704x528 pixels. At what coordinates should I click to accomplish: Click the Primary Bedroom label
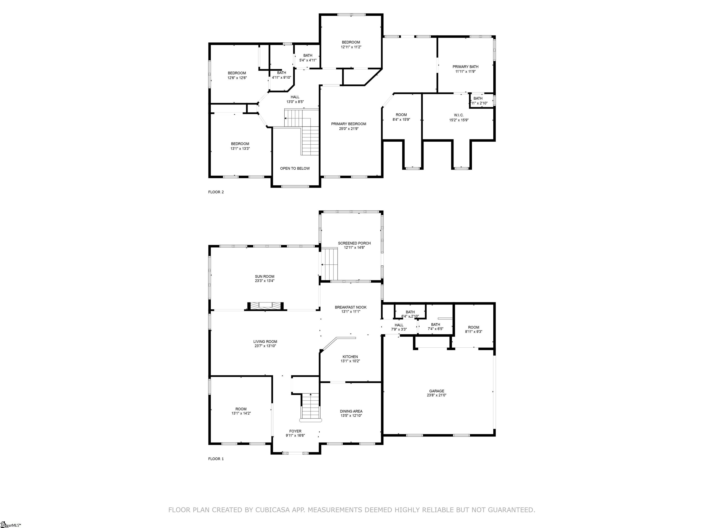pyautogui.click(x=349, y=124)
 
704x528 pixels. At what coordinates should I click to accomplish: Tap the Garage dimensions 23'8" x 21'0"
pyautogui.click(x=437, y=395)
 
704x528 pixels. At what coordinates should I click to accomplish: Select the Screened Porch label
pyautogui.click(x=354, y=243)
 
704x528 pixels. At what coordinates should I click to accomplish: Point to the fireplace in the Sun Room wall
pyautogui.click(x=265, y=305)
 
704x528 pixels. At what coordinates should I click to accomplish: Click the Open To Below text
pyautogui.click(x=295, y=168)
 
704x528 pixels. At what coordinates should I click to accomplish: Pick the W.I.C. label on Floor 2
pyautogui.click(x=459, y=115)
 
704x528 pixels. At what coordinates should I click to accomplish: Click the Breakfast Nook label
pyautogui.click(x=350, y=307)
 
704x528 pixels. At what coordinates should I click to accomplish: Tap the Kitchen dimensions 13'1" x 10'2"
pyautogui.click(x=350, y=361)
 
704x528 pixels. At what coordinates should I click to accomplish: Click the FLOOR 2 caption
pyautogui.click(x=216, y=192)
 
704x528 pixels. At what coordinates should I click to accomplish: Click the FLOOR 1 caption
pyautogui.click(x=216, y=459)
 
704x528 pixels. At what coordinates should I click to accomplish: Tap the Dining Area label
pyautogui.click(x=351, y=411)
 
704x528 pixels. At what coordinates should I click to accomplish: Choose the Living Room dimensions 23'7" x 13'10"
pyautogui.click(x=265, y=346)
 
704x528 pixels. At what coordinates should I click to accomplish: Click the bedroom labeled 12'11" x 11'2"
pyautogui.click(x=351, y=44)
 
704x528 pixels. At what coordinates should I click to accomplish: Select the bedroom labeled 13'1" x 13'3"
pyautogui.click(x=240, y=146)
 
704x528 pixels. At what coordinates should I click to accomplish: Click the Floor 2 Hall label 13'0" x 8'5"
pyautogui.click(x=295, y=102)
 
